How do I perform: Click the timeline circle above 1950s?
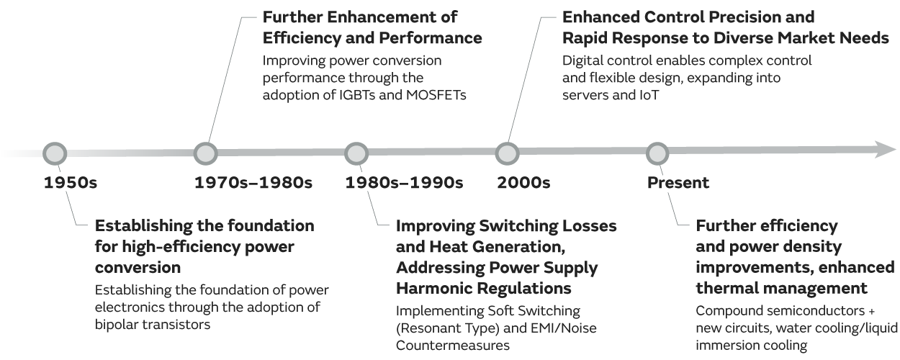55,153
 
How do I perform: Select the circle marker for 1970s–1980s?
206,153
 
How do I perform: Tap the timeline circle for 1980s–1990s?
356,153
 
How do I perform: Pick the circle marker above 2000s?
507,153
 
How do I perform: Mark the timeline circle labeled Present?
657,153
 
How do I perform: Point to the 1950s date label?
70,183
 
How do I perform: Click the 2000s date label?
523,183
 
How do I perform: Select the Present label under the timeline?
678,183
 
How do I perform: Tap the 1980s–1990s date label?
404,183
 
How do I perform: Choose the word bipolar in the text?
117,324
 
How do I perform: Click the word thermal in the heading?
725,289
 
